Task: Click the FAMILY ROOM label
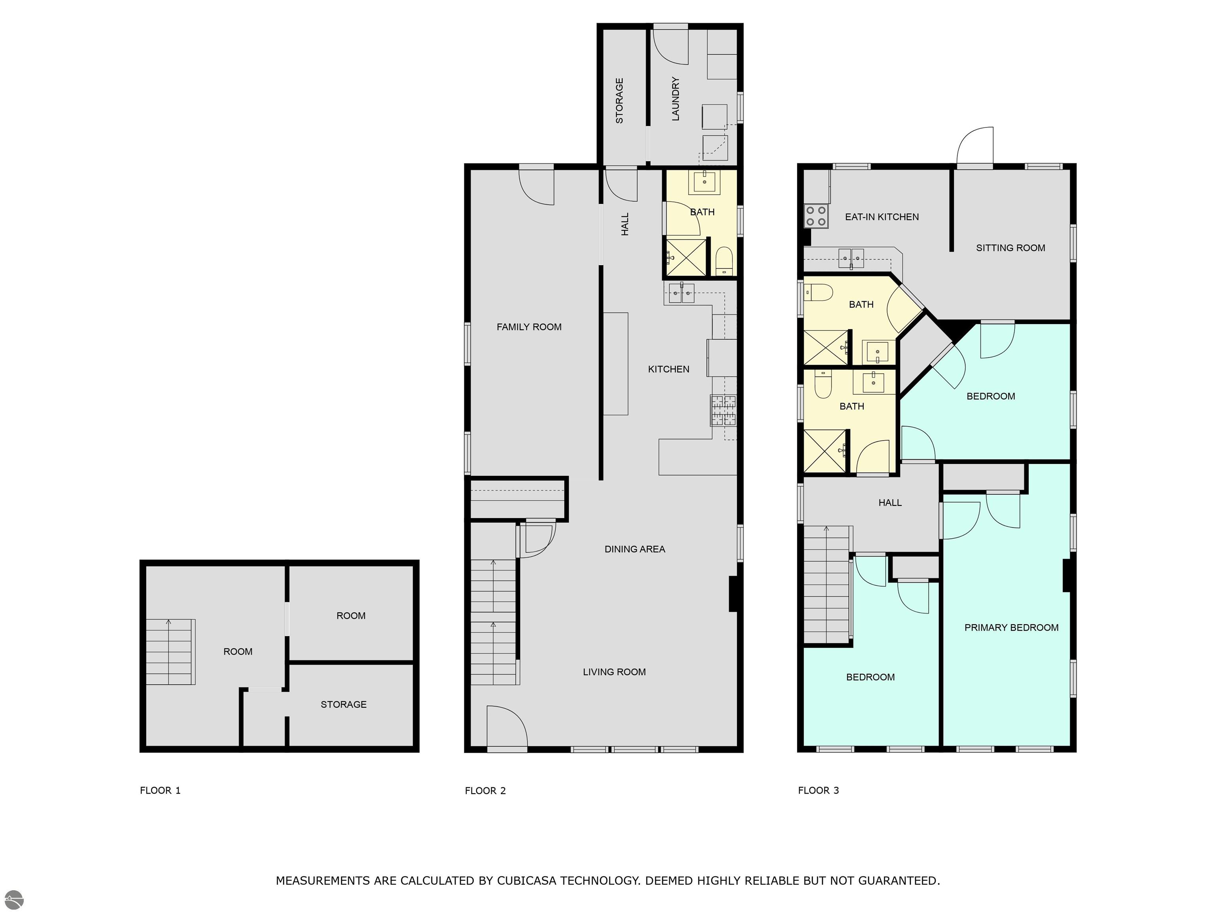point(529,327)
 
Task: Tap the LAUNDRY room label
point(676,99)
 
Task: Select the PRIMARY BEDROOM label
point(1011,628)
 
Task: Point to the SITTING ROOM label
point(1011,248)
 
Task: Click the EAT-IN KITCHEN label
point(882,217)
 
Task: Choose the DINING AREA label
point(635,549)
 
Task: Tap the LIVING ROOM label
point(614,672)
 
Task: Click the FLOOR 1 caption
point(160,790)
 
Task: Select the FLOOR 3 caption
point(819,790)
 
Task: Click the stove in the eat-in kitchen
point(816,216)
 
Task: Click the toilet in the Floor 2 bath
point(724,261)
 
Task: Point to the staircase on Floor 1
point(171,652)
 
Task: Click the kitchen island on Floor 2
point(616,364)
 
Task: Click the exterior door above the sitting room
point(975,146)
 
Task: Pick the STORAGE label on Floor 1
point(344,705)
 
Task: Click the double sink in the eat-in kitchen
point(851,258)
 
